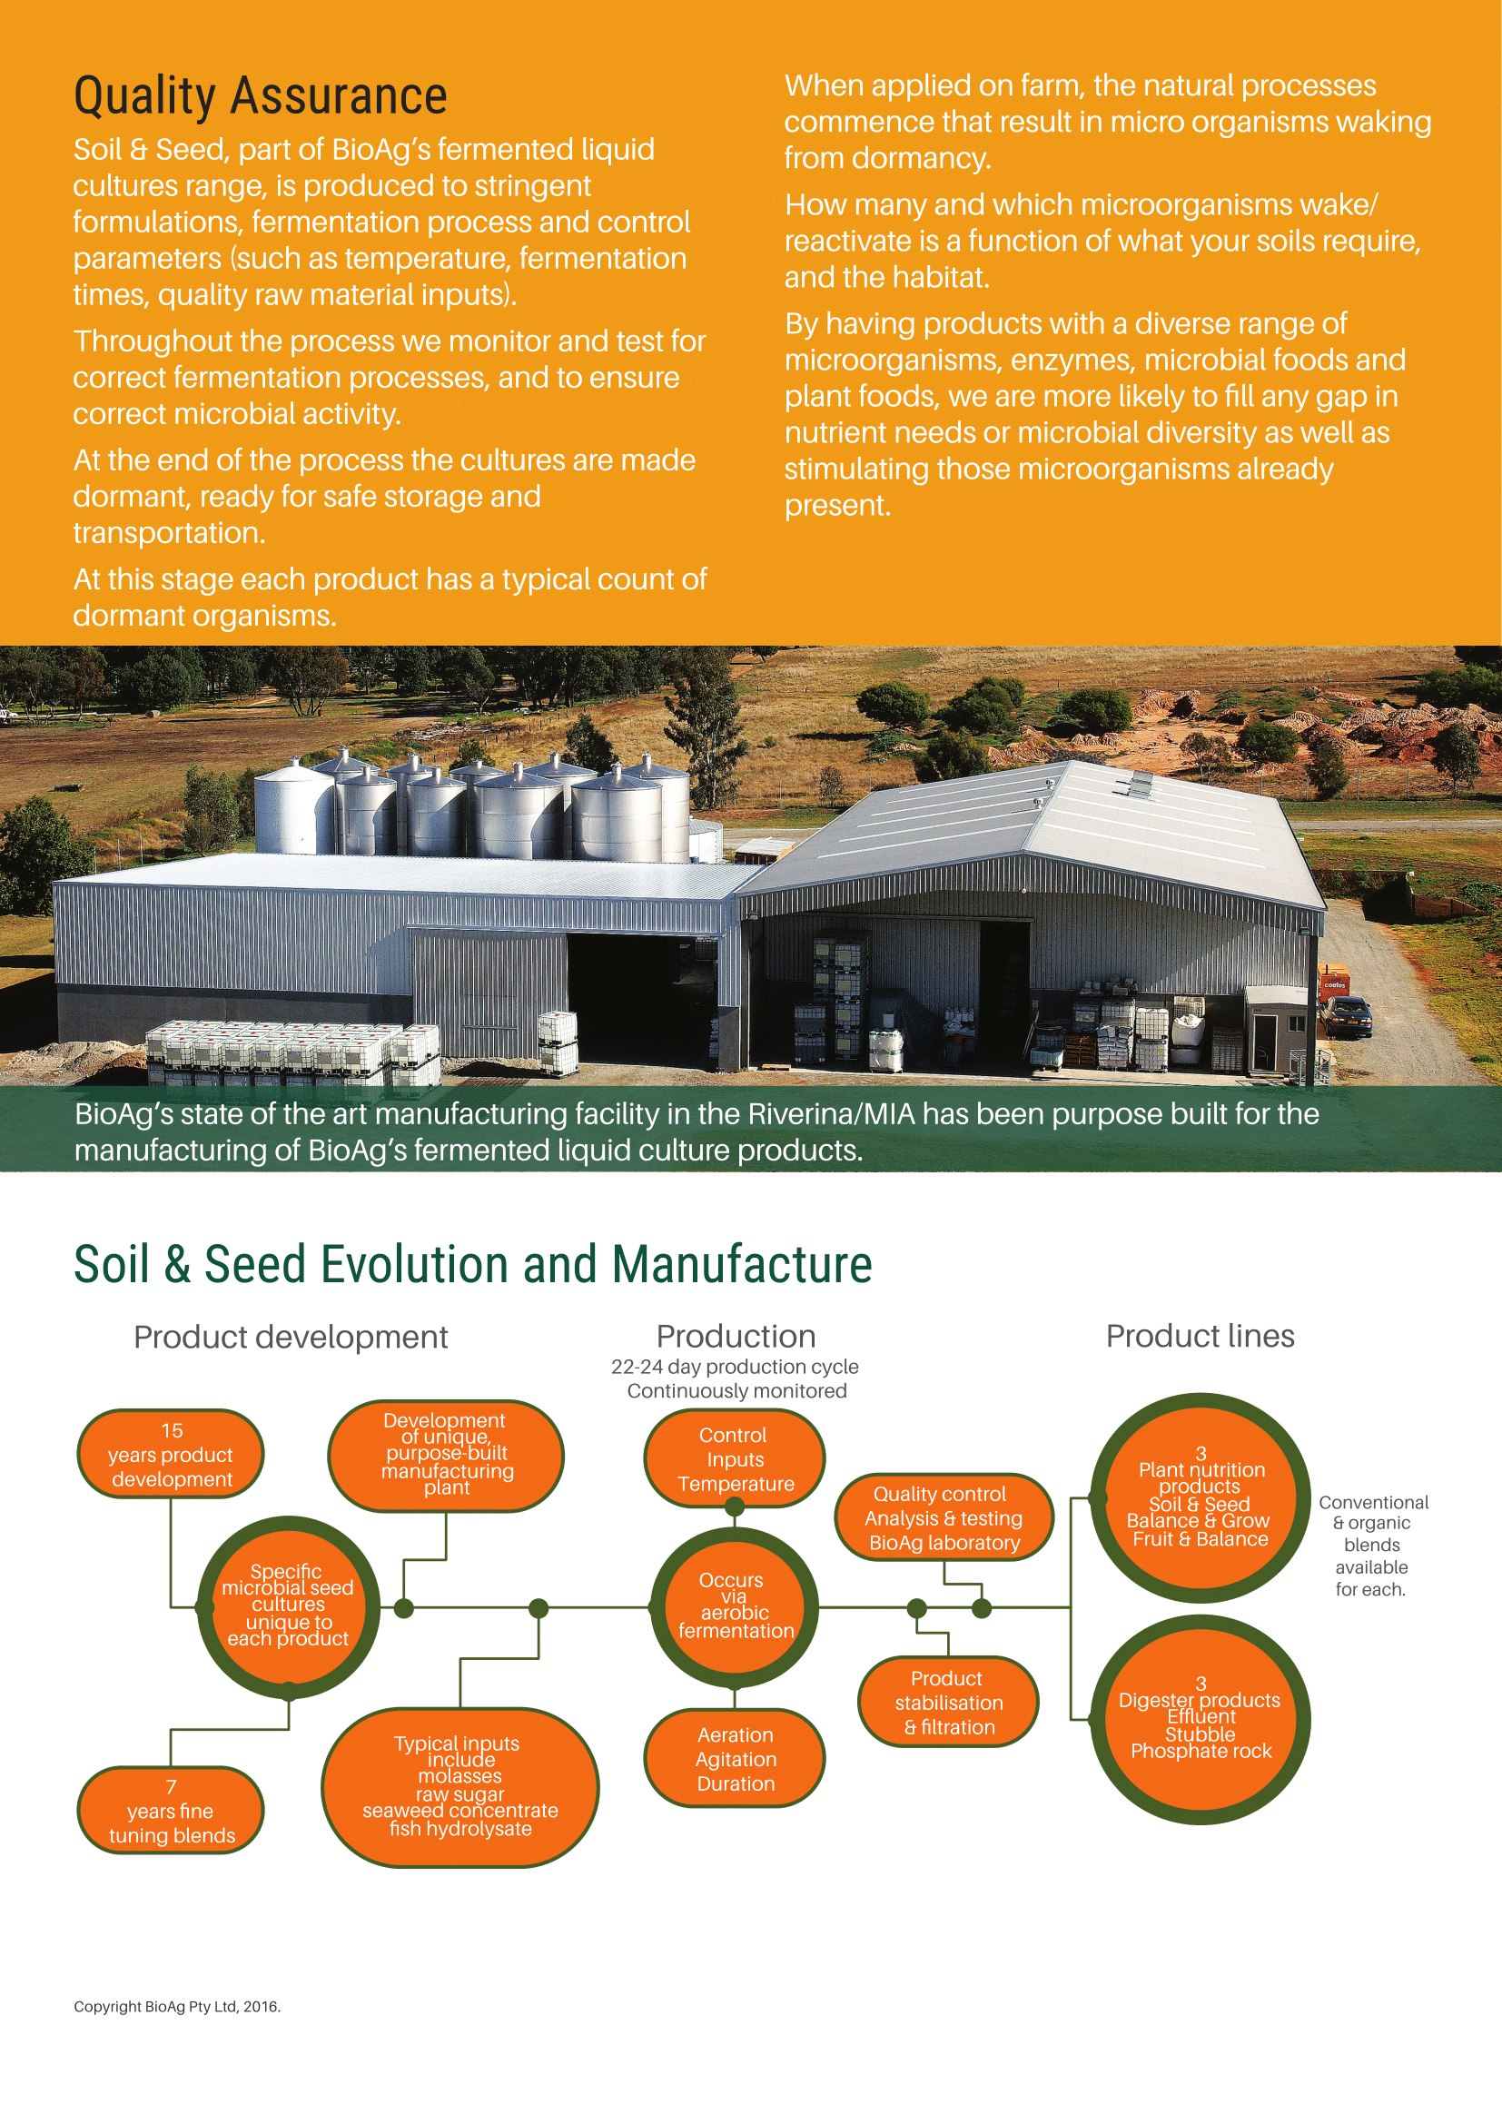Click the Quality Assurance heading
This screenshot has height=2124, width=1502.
click(x=260, y=97)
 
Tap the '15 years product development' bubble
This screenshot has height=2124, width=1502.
click(x=171, y=1454)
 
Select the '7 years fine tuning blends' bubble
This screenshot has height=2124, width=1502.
click(x=171, y=1811)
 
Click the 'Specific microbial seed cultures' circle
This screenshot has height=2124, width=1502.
click(x=288, y=1607)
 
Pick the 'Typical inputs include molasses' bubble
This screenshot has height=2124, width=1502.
click(x=459, y=1786)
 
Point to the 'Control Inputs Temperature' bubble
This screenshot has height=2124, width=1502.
click(x=735, y=1459)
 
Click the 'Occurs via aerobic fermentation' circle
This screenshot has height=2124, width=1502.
click(x=735, y=1606)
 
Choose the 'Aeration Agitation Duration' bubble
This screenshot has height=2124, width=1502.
click(x=736, y=1759)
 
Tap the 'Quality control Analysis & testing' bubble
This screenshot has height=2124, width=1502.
click(x=944, y=1518)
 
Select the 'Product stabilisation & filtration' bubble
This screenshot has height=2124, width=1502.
click(x=948, y=1702)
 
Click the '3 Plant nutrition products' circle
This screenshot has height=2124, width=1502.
click(x=1201, y=1497)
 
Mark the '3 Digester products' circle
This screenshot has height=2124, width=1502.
click(x=1201, y=1719)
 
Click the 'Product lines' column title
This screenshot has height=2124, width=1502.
click(x=1200, y=1336)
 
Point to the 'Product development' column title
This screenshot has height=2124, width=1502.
click(x=291, y=1337)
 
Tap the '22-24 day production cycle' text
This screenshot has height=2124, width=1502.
click(x=735, y=1367)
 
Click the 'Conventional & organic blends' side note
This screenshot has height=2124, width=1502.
click(x=1372, y=1545)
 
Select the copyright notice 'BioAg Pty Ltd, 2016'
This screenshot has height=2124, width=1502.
click(x=177, y=2006)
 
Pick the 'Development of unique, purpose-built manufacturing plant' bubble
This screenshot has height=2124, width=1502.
click(x=446, y=1454)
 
